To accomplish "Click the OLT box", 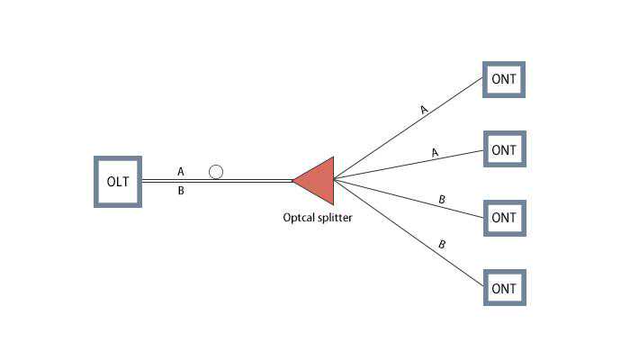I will click(x=118, y=181).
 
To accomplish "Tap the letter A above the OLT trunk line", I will click(x=181, y=171).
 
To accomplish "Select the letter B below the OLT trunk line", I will click(x=181, y=191).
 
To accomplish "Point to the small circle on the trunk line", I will click(x=215, y=171).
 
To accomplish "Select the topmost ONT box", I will click(x=504, y=79).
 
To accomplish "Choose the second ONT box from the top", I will click(x=504, y=149).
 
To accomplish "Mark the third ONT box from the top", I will click(x=504, y=218).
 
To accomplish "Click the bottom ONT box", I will click(x=504, y=288).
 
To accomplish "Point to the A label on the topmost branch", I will click(x=424, y=110).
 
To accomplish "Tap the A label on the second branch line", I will click(x=435, y=153).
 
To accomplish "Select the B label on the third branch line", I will click(x=441, y=199).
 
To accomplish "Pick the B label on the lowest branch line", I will click(x=442, y=244).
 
